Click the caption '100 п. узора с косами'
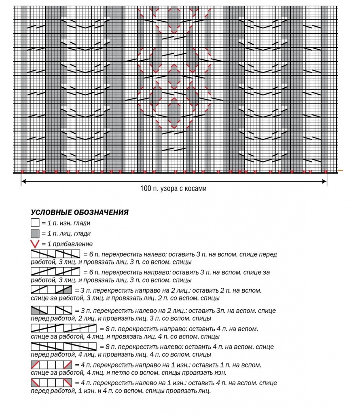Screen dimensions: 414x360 (174, 188)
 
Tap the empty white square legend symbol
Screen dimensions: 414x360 (35, 222)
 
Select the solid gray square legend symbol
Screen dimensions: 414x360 (35, 233)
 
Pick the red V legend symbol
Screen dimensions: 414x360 (35, 244)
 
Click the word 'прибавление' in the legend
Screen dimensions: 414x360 (76, 244)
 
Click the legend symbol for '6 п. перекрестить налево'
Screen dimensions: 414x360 (55, 254)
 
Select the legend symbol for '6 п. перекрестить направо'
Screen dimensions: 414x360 (55, 272)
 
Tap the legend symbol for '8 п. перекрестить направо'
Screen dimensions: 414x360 (64, 328)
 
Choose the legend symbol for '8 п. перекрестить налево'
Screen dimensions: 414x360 (64, 346)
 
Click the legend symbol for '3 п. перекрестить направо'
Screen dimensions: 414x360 (51, 290)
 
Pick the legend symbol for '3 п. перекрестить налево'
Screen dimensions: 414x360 (51, 310)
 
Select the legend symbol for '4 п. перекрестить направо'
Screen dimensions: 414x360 (51, 365)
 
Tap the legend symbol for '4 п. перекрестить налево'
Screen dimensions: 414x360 (51, 382)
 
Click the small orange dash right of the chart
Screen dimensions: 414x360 (341, 171)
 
